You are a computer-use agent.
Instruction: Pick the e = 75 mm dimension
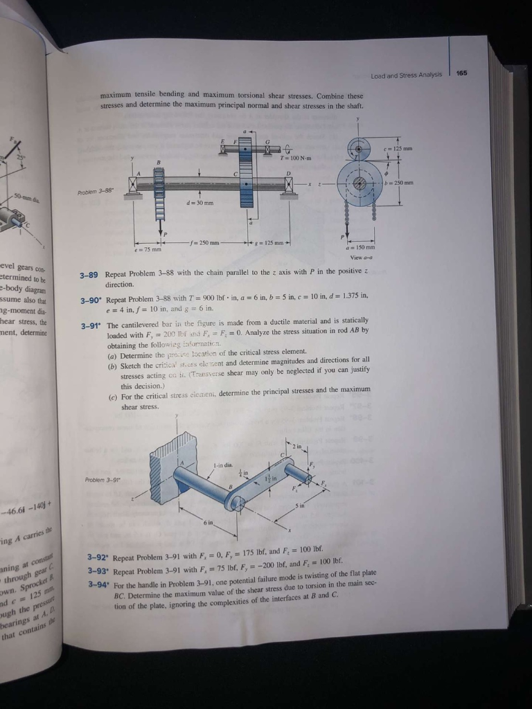click(145, 250)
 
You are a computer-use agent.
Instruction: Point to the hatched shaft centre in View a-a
click(360, 183)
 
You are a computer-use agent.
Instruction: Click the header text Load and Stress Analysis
click(407, 75)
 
